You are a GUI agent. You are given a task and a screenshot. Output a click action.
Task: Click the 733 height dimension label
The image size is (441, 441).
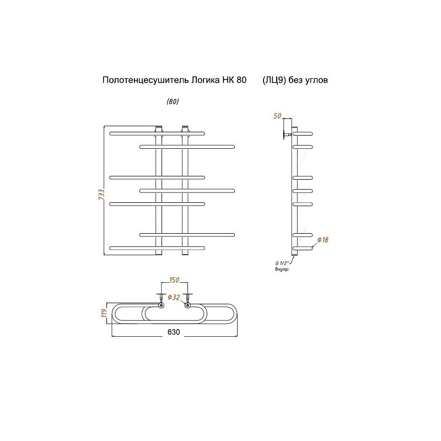coord(101,195)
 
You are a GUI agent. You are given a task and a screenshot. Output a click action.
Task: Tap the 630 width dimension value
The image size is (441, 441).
coord(174,332)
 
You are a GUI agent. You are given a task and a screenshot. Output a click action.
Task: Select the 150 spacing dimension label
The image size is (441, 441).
coord(174,280)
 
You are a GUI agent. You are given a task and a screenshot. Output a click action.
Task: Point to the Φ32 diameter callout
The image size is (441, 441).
coord(174,297)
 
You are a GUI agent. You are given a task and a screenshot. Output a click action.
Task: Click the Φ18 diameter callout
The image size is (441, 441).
coord(322,240)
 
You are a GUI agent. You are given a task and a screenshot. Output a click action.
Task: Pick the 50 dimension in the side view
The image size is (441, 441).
coord(277,116)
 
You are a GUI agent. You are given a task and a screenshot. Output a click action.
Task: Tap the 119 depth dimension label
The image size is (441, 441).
coord(104,313)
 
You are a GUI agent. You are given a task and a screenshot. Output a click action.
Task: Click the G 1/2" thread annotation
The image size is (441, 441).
coord(282,263)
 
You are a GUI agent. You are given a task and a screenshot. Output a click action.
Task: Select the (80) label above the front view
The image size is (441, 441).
coord(173,101)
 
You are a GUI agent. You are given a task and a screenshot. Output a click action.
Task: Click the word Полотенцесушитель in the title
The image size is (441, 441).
coord(146,80)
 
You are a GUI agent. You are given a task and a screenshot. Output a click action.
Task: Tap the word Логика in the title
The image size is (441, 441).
coord(205,80)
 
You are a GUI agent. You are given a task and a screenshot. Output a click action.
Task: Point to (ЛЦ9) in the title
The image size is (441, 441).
coord(274,80)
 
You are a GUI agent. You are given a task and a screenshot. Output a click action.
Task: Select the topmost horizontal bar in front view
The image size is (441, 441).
coord(157,133)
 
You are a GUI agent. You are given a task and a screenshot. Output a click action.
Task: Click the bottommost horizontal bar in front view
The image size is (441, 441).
coord(157,248)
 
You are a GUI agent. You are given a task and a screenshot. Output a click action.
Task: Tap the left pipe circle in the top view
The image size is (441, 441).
coord(160,305)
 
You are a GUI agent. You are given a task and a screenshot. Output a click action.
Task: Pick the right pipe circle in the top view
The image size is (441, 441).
coord(187,305)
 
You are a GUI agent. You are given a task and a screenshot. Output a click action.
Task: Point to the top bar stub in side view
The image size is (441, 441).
coord(303,133)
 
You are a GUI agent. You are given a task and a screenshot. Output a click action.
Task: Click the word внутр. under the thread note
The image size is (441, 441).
coord(282,270)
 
